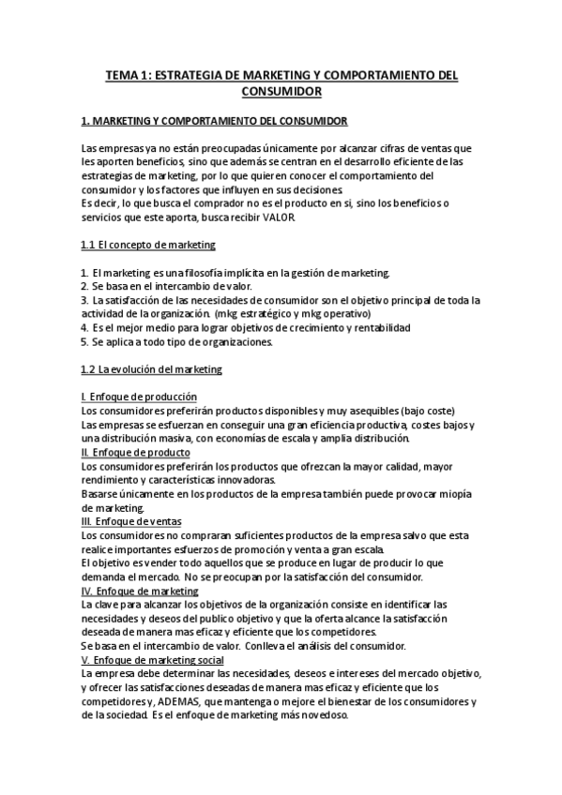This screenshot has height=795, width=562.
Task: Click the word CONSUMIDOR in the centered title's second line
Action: click(281, 92)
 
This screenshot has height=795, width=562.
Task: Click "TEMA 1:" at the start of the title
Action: click(128, 75)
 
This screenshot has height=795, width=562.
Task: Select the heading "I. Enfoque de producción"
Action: click(139, 397)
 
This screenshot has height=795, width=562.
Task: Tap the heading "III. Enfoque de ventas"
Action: click(132, 521)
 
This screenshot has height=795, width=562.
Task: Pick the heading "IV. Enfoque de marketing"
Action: click(140, 591)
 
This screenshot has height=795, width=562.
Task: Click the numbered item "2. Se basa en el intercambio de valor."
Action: click(167, 286)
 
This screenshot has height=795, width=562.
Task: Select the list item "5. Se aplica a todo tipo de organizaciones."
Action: click(177, 341)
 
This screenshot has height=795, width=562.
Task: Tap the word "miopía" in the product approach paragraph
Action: click(455, 494)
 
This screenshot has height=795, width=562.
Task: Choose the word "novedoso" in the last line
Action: click(322, 715)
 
